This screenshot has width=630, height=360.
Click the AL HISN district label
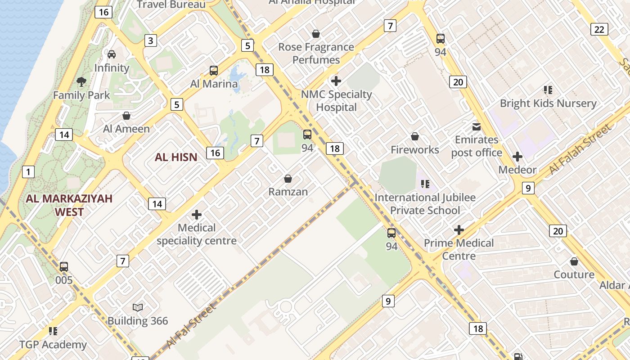176,157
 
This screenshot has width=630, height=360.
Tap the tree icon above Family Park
81,82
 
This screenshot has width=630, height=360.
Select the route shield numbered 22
599,29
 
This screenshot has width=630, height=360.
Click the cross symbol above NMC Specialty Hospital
336,81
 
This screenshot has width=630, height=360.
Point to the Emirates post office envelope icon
476,127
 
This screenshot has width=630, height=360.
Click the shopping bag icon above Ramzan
288,179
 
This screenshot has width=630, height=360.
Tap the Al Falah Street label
580,149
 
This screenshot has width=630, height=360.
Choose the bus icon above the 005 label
64,266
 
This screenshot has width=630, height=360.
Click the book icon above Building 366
138,307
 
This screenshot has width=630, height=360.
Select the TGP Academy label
53,345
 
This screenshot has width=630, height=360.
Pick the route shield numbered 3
150,40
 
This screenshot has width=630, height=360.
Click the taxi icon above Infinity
112,54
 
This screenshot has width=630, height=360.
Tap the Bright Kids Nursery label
548,103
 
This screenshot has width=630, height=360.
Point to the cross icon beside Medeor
517,157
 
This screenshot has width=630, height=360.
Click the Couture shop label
574,274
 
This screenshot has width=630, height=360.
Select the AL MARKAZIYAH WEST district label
69,205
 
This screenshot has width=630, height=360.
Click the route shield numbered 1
28,171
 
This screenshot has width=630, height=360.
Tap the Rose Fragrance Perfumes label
316,53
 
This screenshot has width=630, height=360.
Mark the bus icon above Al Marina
214,71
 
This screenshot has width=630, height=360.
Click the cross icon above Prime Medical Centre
459,230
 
